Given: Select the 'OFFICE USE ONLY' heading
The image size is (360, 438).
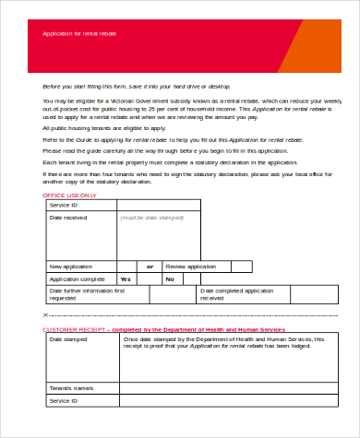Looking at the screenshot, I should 70,197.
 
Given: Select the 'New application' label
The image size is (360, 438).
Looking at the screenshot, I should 70,266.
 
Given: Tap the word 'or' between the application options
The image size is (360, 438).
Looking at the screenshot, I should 149,266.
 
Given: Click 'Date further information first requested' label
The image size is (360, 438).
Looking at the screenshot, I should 86,294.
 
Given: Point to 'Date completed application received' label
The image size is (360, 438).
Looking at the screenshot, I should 237,294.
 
